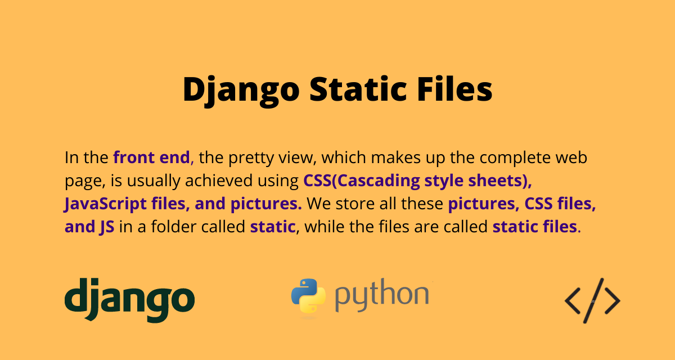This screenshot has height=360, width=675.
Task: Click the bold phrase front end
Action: click(x=151, y=157)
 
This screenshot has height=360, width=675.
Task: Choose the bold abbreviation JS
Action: click(x=105, y=227)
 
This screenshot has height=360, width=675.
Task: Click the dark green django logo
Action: click(x=129, y=300)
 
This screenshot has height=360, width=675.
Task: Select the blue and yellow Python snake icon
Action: click(x=308, y=296)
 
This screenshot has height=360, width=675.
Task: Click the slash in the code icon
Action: click(x=592, y=300)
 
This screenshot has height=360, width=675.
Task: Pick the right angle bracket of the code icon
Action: click(x=613, y=300)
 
